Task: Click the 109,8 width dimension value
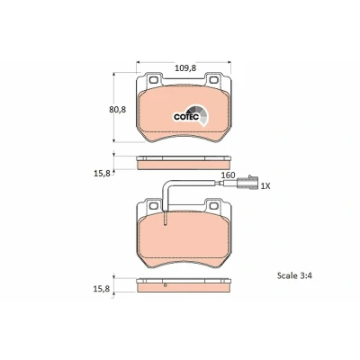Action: coord(185,68)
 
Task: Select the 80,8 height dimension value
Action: coord(118,110)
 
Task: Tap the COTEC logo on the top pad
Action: coord(191,116)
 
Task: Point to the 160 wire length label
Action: coord(228,175)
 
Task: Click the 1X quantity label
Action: coord(265,186)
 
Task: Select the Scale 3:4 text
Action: coord(294,275)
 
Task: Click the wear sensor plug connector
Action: coord(247,184)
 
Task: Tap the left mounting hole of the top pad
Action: coord(153,80)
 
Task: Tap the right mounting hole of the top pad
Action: coord(214,80)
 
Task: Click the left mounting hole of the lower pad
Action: coord(153,206)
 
